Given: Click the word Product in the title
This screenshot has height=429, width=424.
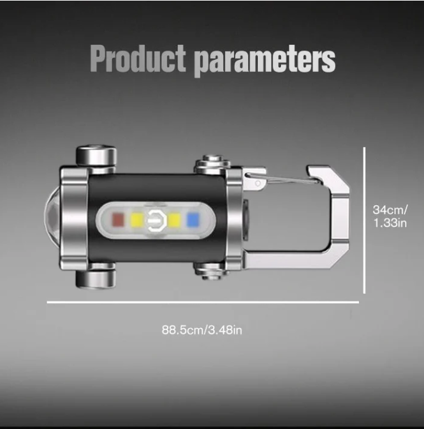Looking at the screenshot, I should point(138,59).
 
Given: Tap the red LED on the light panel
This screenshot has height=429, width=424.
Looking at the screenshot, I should point(118,221).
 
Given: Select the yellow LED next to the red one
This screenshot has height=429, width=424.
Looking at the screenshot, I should point(136,221).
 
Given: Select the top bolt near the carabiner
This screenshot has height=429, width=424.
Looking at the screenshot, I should point(212,164).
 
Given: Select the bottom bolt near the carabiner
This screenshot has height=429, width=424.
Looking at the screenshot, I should point(212,271).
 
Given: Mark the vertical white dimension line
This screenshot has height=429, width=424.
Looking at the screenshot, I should point(364,220).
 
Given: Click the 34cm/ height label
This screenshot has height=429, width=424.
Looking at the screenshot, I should point(390,209).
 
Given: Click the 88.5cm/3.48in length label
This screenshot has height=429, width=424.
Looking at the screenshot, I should point(201,330).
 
